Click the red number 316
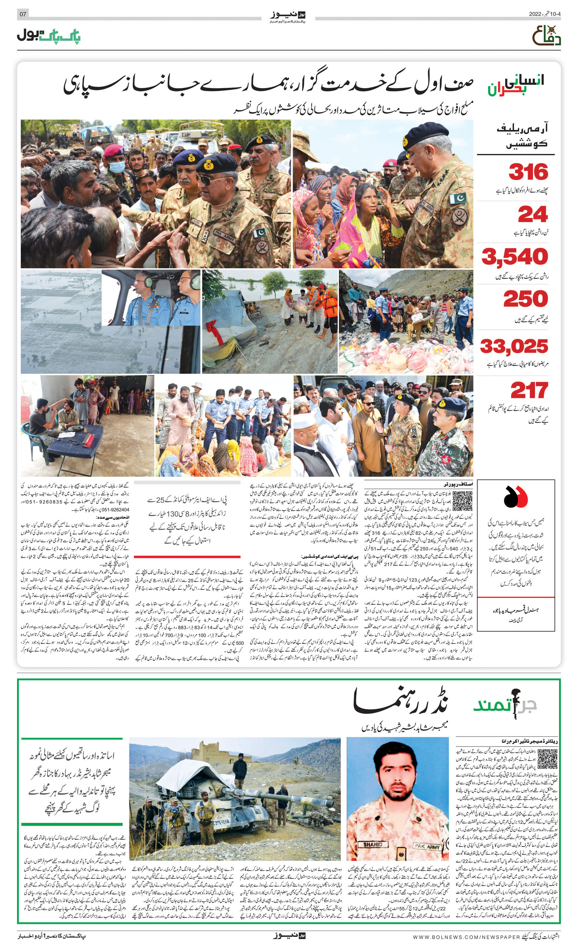pyautogui.click(x=528, y=172)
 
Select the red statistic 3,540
pyautogui.click(x=515, y=257)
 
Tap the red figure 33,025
pyautogui.click(x=514, y=346)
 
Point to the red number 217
pyautogui.click(x=529, y=391)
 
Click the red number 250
pyautogui.click(x=525, y=299)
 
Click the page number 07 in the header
pyautogui.click(x=23, y=14)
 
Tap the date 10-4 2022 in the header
pyautogui.click(x=545, y=14)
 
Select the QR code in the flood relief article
pyautogui.click(x=462, y=501)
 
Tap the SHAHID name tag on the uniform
pyautogui.click(x=373, y=845)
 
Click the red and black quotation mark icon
pyautogui.click(x=515, y=497)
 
